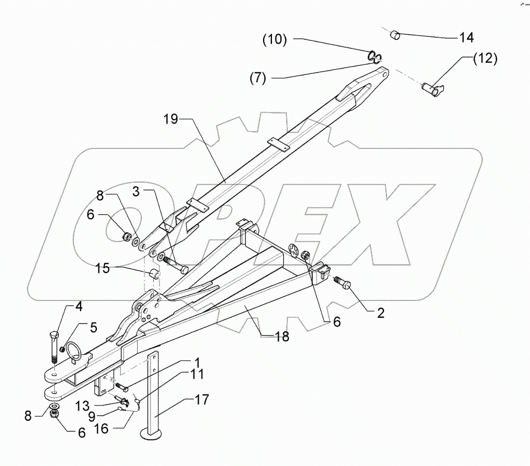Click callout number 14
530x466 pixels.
point(466,38)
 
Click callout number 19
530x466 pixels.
point(172,119)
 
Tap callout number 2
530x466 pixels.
point(380,313)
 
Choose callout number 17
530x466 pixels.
point(201,399)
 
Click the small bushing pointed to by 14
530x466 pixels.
point(396,36)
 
